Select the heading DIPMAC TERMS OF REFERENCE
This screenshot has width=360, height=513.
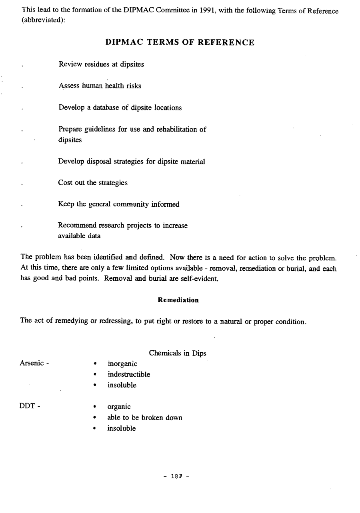click(x=180, y=42)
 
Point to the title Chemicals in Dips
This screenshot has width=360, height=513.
click(x=178, y=353)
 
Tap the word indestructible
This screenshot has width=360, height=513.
click(x=129, y=374)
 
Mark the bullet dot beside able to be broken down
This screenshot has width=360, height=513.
click(x=95, y=418)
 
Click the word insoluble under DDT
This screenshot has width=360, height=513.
click(x=122, y=428)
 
